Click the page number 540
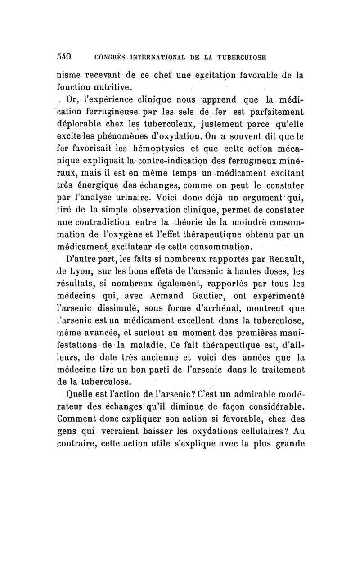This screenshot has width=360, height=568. (66, 57)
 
